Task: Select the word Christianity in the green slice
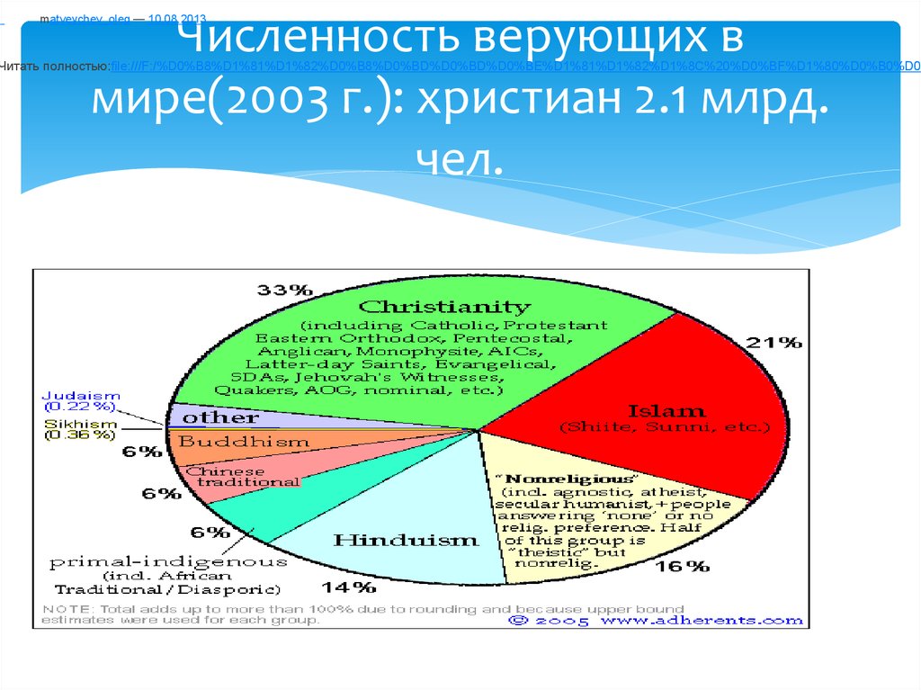point(445,307)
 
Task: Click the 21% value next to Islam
point(773,342)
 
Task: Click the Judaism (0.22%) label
point(80,400)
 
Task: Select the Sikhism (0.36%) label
point(80,429)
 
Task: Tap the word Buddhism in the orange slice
point(231,442)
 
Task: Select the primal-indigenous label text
point(168,562)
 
